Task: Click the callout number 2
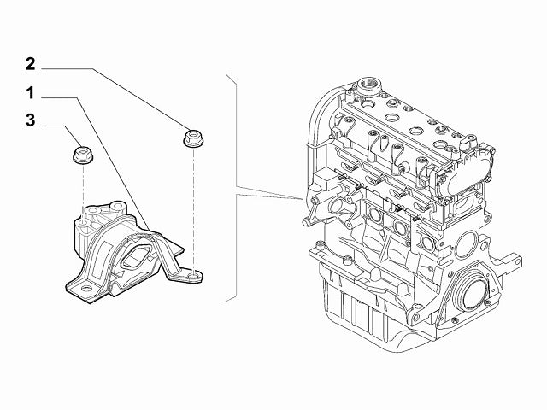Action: pyautogui.click(x=30, y=63)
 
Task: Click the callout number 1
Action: pyautogui.click(x=30, y=91)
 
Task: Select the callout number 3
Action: pyautogui.click(x=30, y=120)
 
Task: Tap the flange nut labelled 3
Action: pyautogui.click(x=82, y=155)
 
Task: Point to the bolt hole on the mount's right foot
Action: pyautogui.click(x=195, y=275)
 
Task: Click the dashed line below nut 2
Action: pyautogui.click(x=193, y=205)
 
